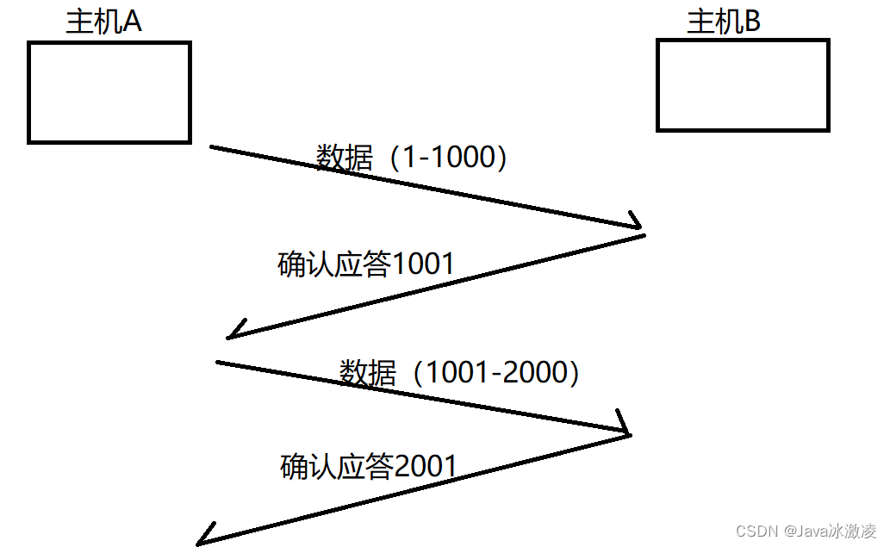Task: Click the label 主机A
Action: pos(103,22)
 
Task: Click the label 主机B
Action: pos(724,22)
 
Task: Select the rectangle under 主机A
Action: pos(109,92)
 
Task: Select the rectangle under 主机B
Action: pos(743,84)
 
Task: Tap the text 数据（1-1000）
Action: pos(411,158)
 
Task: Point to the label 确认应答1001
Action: pos(365,264)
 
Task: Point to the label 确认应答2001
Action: pos(368,466)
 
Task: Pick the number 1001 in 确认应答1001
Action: pos(422,264)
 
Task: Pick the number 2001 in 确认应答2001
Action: pos(425,466)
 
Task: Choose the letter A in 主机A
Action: pos(132,22)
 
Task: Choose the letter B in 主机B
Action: pos(751,22)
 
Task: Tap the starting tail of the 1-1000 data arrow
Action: pos(212,147)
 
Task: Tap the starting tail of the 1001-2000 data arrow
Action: pos(217,362)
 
